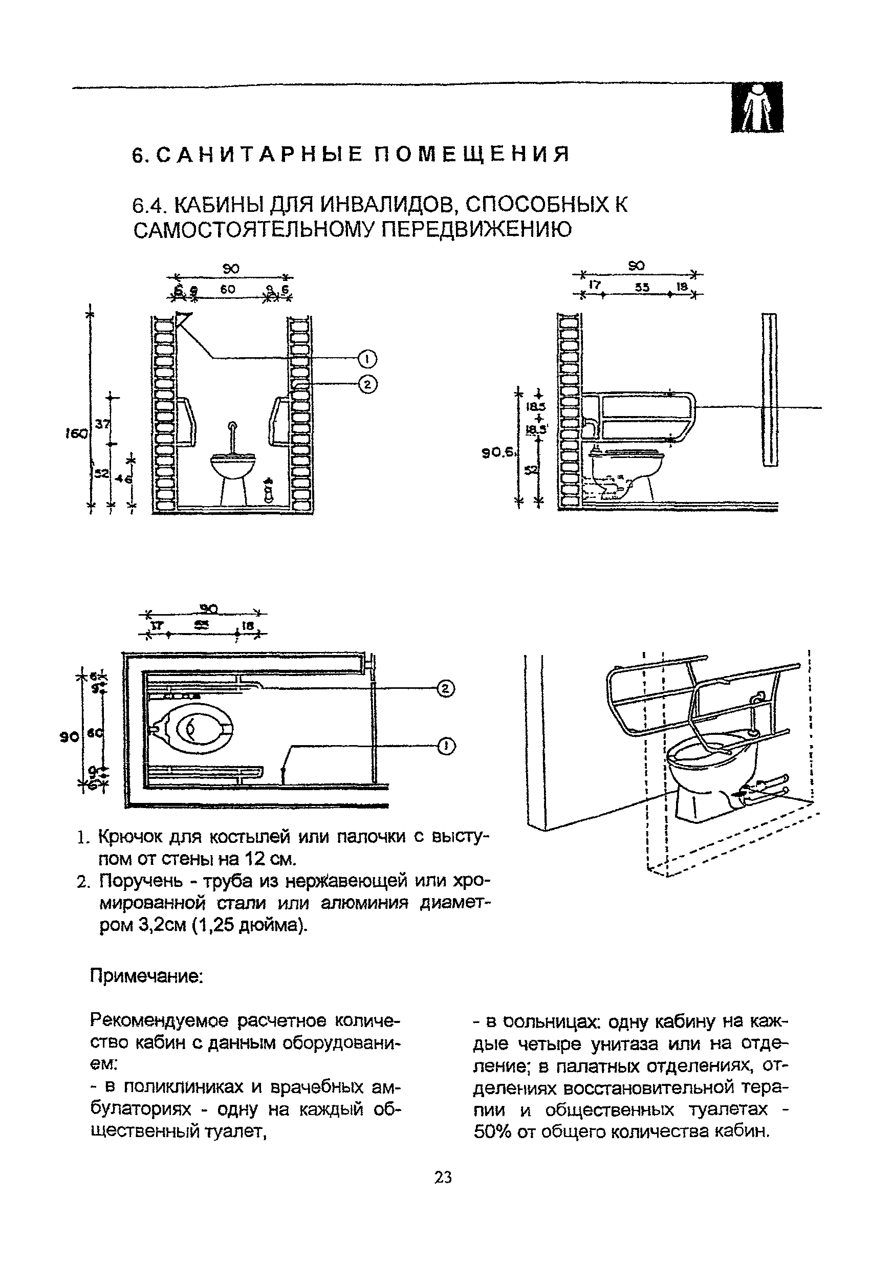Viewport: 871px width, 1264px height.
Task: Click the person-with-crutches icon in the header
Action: click(x=757, y=107)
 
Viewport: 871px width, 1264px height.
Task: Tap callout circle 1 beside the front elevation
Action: click(x=367, y=359)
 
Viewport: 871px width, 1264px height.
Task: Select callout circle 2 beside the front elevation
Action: click(x=367, y=385)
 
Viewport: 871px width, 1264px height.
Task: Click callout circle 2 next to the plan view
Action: click(x=445, y=689)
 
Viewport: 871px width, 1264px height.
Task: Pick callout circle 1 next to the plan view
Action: click(x=445, y=746)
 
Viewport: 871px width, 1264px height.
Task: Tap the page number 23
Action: click(x=443, y=1177)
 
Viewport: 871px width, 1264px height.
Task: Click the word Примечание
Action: click(x=147, y=976)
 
